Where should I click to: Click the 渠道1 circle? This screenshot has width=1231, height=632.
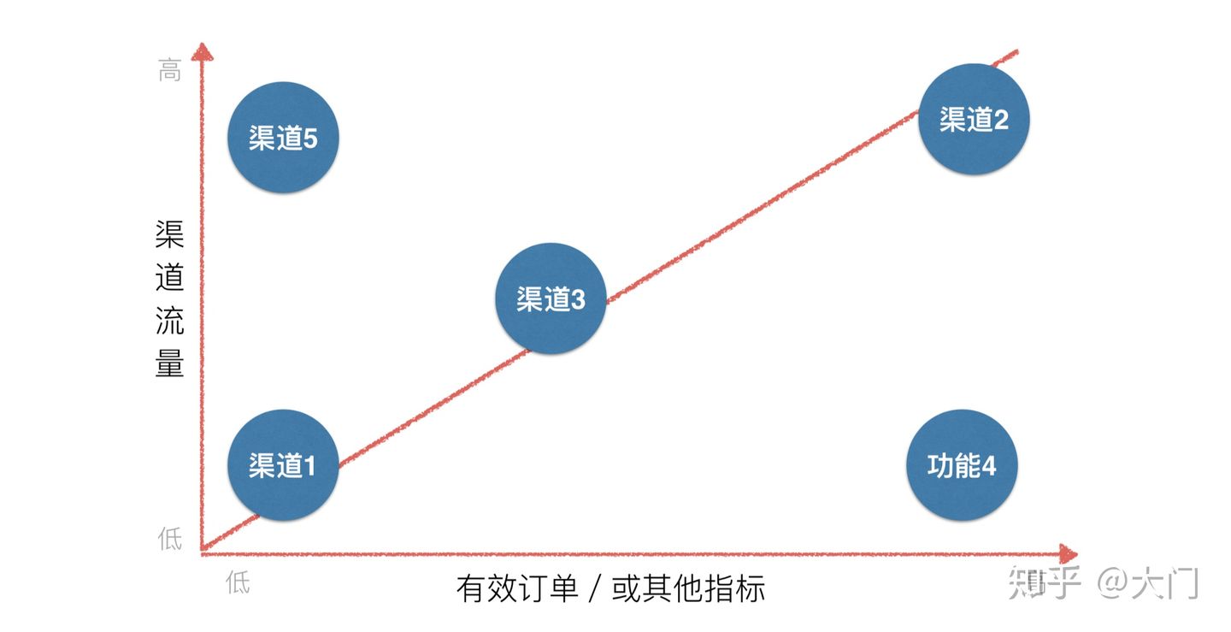[283, 465]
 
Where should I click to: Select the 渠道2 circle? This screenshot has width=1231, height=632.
[974, 120]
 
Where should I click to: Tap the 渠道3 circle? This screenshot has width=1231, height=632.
[551, 298]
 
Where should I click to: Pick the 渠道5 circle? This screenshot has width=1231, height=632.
[283, 138]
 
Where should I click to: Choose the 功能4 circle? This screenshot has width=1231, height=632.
[962, 465]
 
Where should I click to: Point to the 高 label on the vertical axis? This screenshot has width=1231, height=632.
[170, 72]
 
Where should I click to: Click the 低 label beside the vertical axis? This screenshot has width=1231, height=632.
[170, 539]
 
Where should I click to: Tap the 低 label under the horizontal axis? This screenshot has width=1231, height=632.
[238, 583]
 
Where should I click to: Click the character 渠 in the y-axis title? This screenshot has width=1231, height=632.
[170, 234]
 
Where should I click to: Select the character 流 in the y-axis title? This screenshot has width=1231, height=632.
[170, 321]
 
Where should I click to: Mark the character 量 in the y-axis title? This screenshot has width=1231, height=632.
[170, 364]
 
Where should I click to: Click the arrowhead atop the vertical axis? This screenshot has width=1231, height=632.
[201, 52]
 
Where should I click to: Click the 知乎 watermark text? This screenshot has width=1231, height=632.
[1045, 582]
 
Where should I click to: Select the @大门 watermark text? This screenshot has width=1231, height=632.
[1148, 582]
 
